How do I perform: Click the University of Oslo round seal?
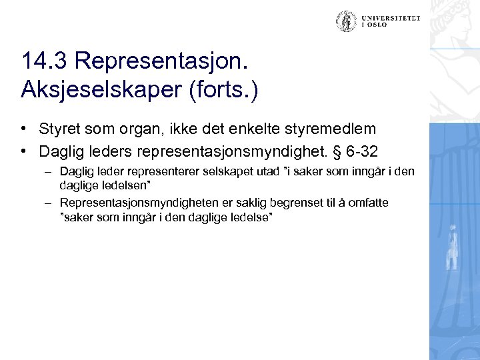pyautogui.click(x=345, y=21)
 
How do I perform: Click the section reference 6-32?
pyautogui.click(x=365, y=147)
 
